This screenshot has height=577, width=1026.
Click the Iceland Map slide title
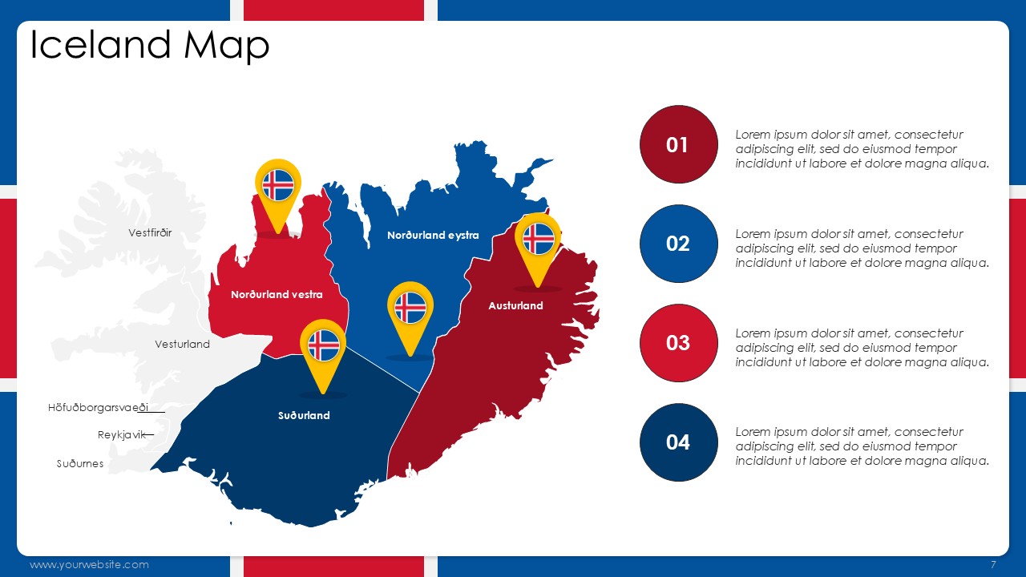(x=149, y=46)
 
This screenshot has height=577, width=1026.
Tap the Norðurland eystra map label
(x=433, y=236)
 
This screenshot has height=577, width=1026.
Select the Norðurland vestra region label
(x=277, y=294)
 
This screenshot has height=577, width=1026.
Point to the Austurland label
(x=515, y=305)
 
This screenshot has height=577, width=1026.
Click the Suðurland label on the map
(x=304, y=415)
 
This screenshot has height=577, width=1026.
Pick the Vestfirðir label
(x=150, y=232)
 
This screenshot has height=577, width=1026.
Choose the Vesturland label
(x=182, y=344)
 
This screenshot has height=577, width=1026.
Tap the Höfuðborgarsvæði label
(x=98, y=408)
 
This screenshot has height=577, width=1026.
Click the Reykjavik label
(x=121, y=434)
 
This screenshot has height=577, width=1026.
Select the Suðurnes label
(x=80, y=463)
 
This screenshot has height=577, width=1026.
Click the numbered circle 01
(x=678, y=144)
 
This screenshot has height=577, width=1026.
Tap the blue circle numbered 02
(x=678, y=243)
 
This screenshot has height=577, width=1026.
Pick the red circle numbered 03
(x=678, y=342)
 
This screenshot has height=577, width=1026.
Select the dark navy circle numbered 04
(x=678, y=442)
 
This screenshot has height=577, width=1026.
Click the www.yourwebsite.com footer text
(x=89, y=565)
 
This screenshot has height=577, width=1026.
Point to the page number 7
(x=993, y=564)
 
